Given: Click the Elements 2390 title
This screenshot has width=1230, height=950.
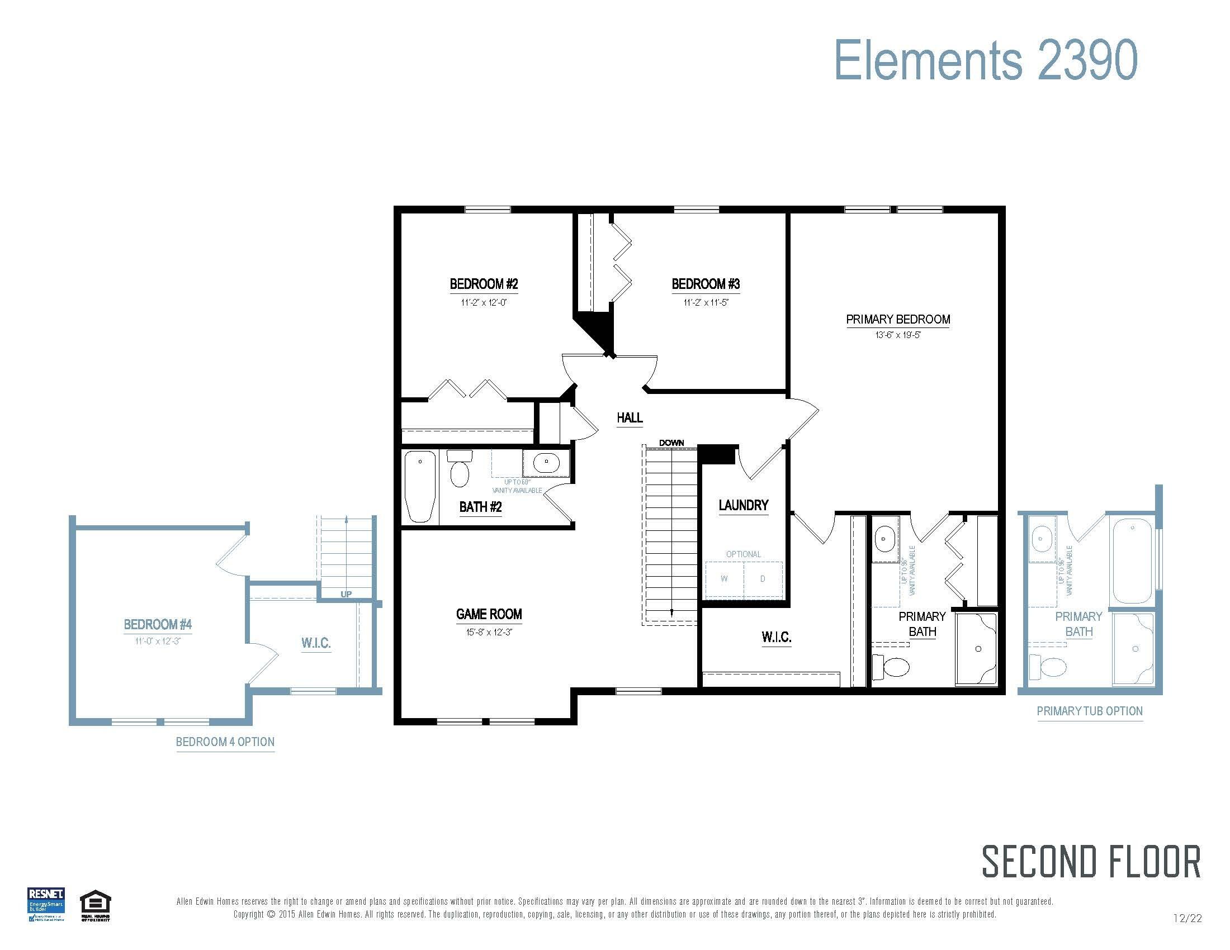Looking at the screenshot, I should click(985, 60).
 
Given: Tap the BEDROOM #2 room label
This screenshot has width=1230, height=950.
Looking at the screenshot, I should click(483, 284).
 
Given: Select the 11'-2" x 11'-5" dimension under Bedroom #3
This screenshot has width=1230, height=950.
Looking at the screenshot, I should click(706, 303).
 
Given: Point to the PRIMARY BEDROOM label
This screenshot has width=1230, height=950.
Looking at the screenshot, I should click(898, 320).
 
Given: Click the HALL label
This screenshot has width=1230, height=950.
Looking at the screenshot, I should click(629, 417).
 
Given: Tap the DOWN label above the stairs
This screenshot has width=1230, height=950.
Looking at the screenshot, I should click(671, 443).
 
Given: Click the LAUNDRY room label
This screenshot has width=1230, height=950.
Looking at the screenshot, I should click(743, 505).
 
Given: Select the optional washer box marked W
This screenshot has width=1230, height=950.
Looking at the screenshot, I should click(724, 579).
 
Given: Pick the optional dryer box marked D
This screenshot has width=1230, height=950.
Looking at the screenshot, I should click(763, 579).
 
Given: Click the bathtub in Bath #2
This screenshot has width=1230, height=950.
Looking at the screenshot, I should click(420, 486).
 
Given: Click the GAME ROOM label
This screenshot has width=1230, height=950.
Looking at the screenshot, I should click(489, 614).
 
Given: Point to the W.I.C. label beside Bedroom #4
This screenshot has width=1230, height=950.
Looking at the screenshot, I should click(315, 643).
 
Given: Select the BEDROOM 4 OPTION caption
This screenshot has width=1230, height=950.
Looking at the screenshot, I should click(225, 742).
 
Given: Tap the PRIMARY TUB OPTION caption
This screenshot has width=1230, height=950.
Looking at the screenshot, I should click(1089, 711).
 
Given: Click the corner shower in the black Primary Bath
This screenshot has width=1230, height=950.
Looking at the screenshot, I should click(977, 648).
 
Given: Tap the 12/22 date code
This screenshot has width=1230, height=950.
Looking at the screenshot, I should click(1187, 919).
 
